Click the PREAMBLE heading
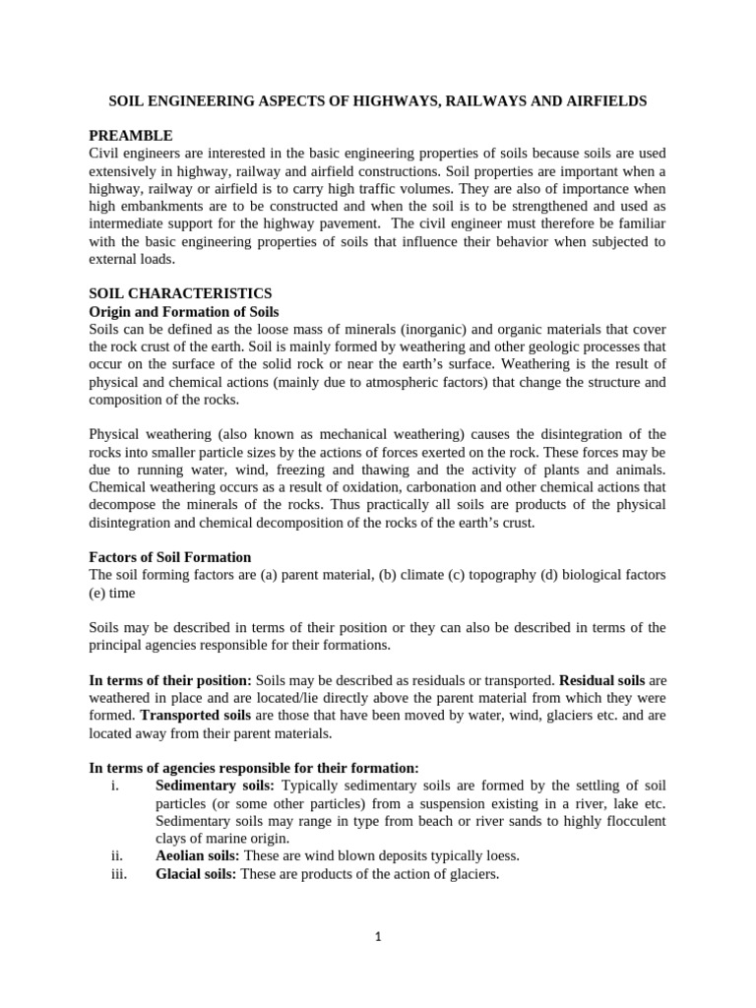131,135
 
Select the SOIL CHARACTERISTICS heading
180,293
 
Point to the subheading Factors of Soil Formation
170,557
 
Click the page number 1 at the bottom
378,937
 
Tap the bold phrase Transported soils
196,716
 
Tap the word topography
467,575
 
